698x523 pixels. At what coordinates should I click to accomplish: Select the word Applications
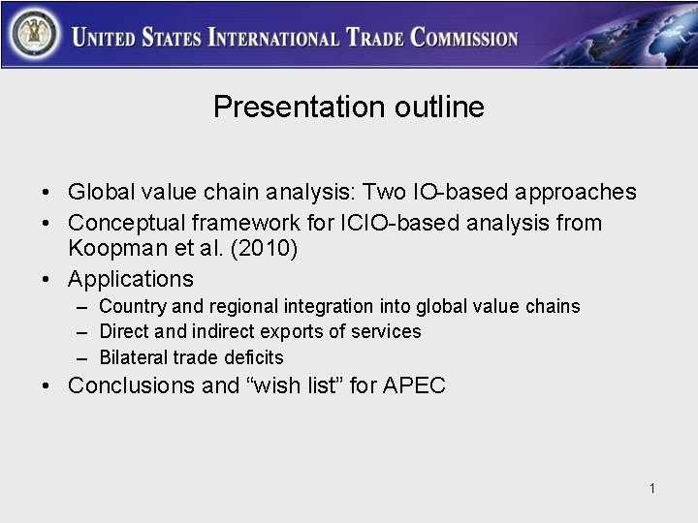131,279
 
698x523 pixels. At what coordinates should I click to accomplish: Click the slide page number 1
653,489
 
